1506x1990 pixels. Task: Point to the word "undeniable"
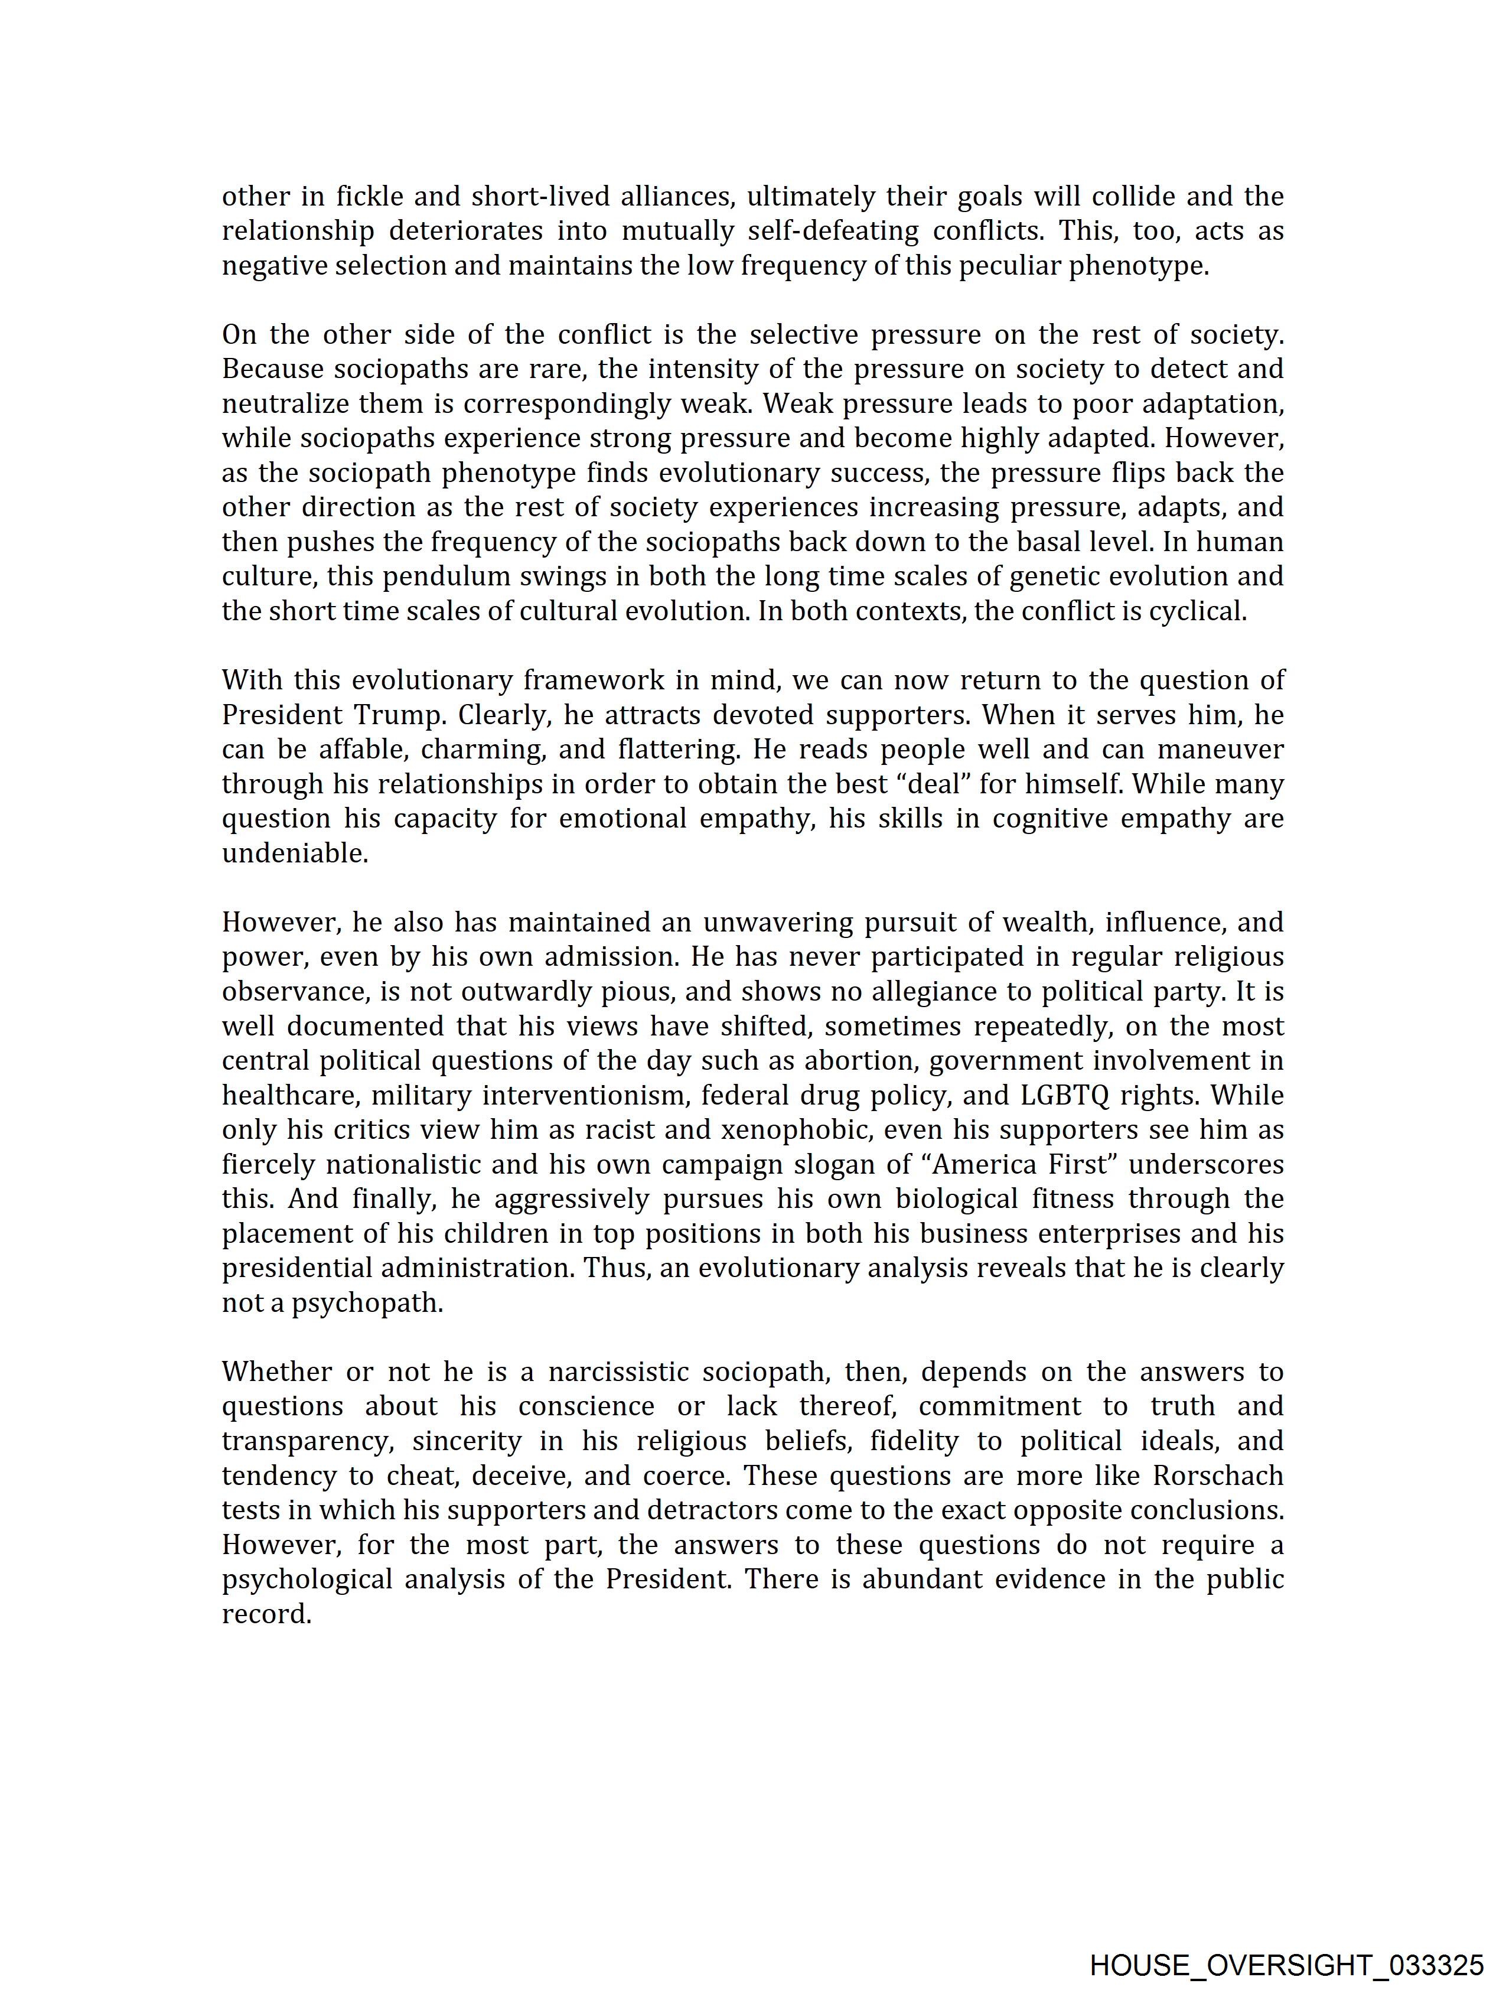(x=294, y=853)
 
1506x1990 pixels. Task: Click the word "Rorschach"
(x=1218, y=1476)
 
